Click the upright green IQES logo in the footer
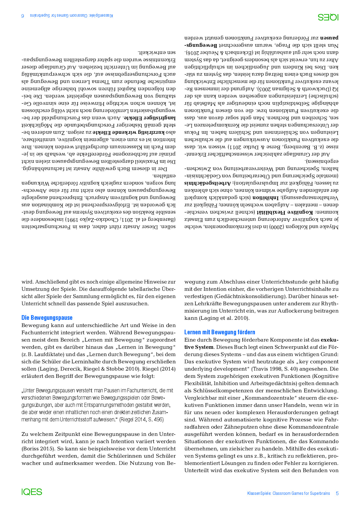coord(32,492)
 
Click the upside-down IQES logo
coord(328,17)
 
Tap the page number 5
coord(337,493)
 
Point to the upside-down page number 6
coord(23,15)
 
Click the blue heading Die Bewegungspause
coord(47,317)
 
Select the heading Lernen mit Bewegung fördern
coord(220,332)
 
